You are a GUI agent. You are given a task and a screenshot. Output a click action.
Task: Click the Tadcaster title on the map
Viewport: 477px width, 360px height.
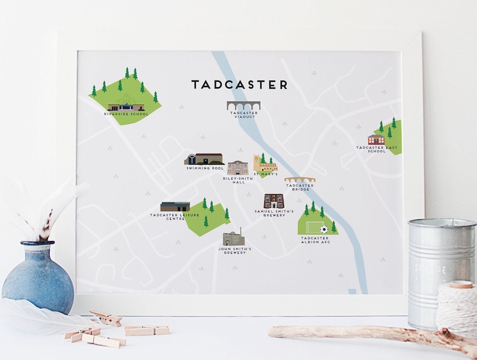tap(239, 85)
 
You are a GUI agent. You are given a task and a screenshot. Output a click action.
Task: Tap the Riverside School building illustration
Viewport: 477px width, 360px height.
tap(125, 106)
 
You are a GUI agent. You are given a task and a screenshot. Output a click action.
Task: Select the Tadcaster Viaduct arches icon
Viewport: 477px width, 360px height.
tap(243, 106)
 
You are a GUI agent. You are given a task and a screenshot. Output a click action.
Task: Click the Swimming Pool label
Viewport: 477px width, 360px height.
tap(205, 168)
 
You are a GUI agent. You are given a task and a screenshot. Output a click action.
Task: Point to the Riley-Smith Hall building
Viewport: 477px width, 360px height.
tap(237, 168)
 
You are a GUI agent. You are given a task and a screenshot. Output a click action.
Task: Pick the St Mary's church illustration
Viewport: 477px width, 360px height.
tap(264, 164)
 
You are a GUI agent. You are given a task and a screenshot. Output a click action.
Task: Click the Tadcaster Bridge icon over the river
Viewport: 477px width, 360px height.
tap(299, 180)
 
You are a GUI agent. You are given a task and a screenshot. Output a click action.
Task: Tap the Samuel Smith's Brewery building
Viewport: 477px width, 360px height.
tap(274, 201)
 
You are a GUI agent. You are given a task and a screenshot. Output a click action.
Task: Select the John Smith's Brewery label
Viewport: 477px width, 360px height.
tap(235, 250)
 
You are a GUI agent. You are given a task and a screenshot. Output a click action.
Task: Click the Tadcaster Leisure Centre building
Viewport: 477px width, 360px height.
tap(175, 207)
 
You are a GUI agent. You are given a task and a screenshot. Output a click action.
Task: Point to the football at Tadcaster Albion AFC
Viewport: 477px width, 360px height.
tap(324, 229)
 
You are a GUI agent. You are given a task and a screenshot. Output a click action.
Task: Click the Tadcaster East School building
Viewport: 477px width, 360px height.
tap(375, 139)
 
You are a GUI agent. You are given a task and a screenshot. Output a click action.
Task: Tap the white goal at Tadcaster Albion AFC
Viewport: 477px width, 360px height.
tap(313, 228)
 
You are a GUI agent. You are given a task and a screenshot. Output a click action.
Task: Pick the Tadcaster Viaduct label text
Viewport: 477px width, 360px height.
tap(243, 115)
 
